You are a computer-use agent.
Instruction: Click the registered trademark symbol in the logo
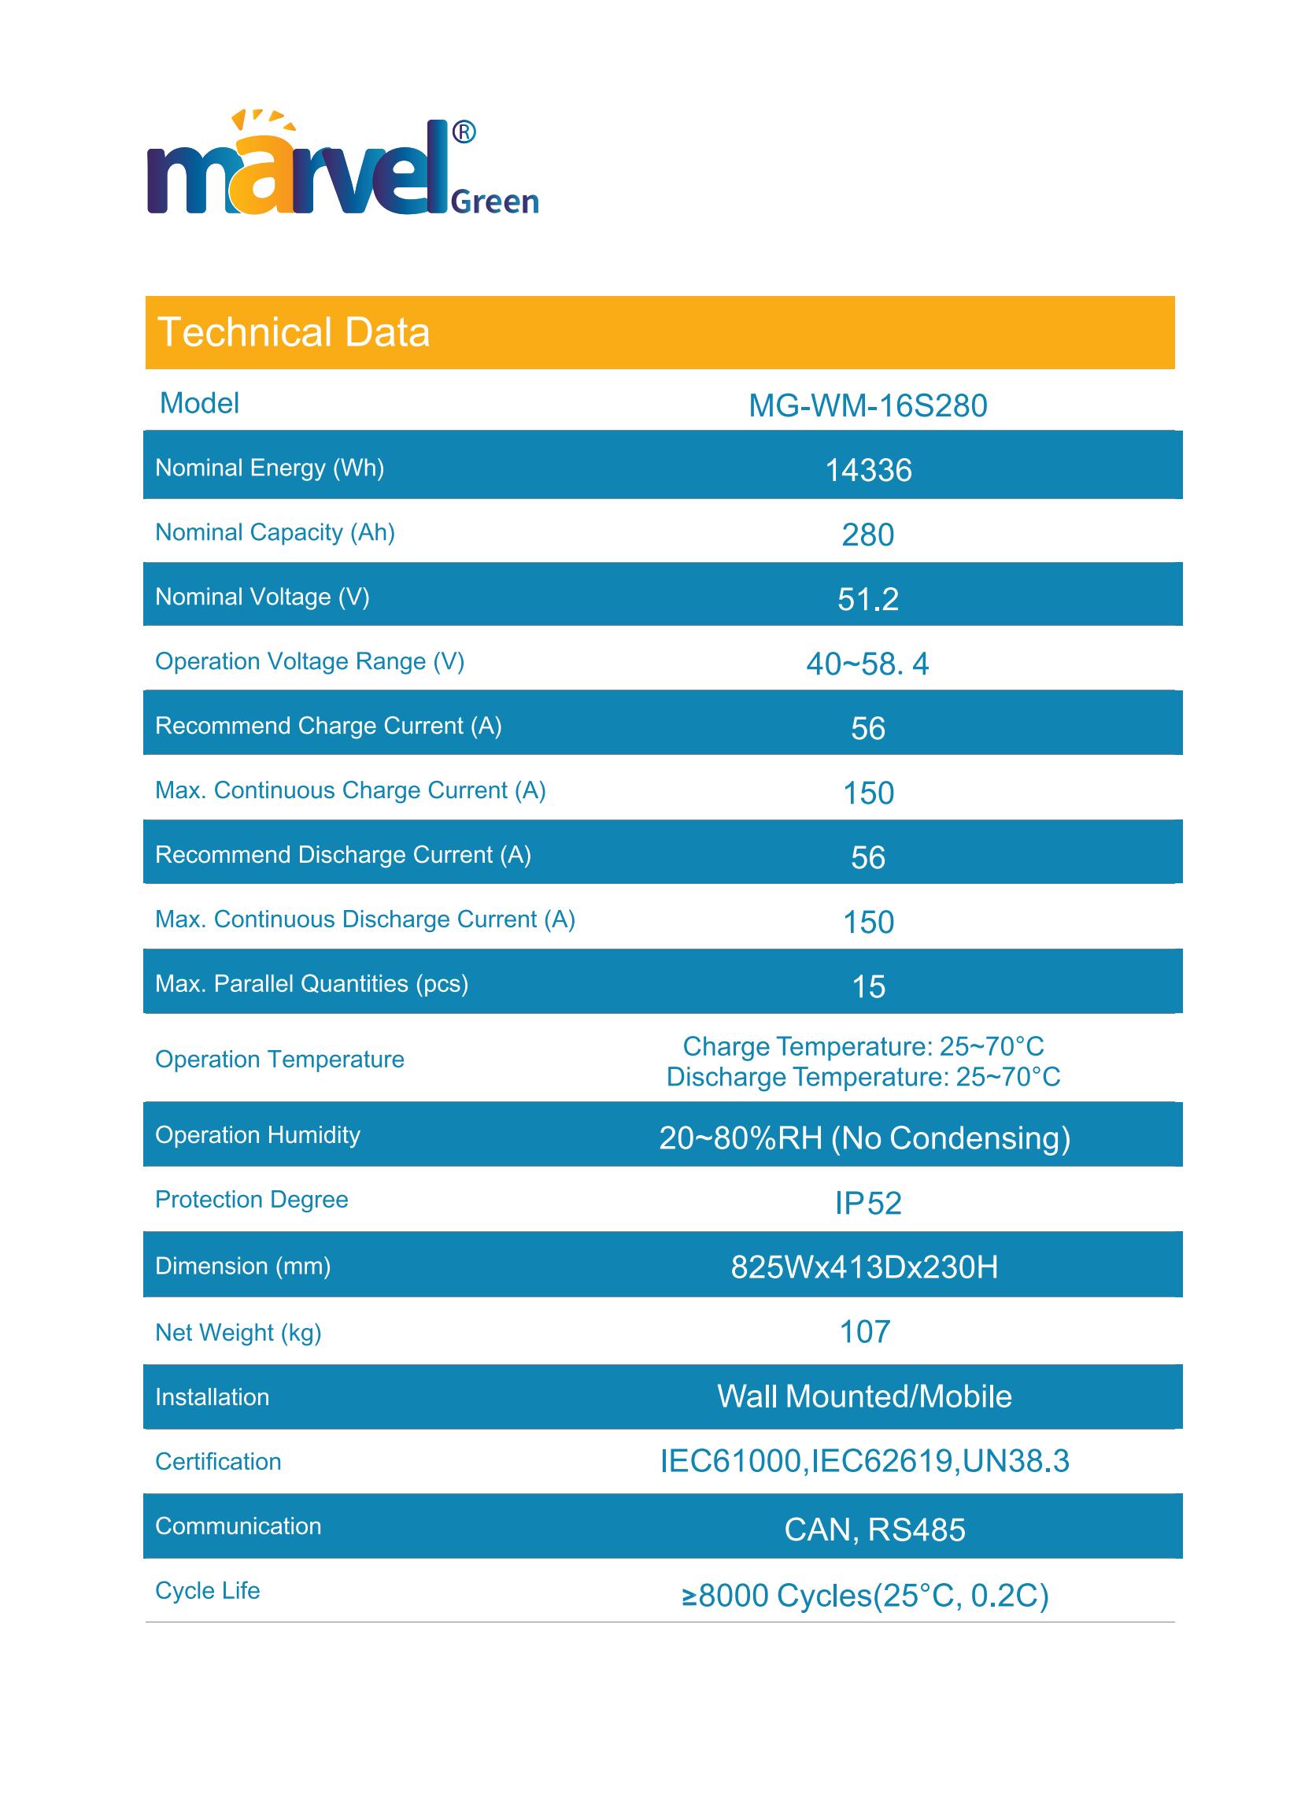[464, 132]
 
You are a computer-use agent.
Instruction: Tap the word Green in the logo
[494, 202]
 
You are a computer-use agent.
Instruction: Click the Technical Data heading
[294, 333]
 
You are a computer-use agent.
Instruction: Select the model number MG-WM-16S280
[867, 406]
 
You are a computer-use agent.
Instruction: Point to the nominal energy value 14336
[868, 471]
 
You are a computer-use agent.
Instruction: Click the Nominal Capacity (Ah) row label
[275, 532]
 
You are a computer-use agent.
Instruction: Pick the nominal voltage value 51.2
[868, 599]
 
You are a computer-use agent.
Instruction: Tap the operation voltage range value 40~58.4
[867, 664]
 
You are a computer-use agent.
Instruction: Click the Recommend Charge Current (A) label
[328, 726]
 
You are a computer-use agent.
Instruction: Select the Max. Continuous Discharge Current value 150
[868, 922]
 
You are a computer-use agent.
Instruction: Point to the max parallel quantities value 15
[868, 986]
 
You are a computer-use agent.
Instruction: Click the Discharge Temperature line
[863, 1078]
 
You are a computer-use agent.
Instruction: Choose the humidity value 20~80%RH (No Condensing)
[864, 1138]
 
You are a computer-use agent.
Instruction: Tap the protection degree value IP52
[868, 1203]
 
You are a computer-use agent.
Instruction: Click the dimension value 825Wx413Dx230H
[864, 1267]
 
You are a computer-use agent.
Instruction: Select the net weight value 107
[865, 1332]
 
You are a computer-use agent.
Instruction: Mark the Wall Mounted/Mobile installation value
[864, 1397]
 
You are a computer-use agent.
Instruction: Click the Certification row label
[218, 1461]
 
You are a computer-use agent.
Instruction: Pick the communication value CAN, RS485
[874, 1530]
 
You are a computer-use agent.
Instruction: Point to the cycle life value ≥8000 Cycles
[865, 1595]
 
